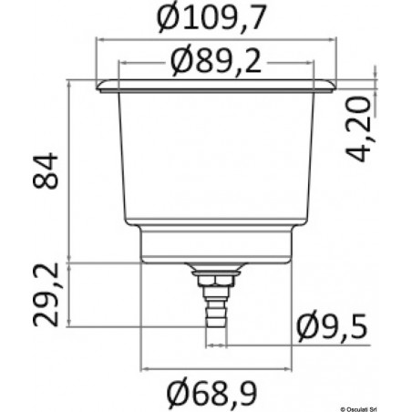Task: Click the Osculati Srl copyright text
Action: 372,406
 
